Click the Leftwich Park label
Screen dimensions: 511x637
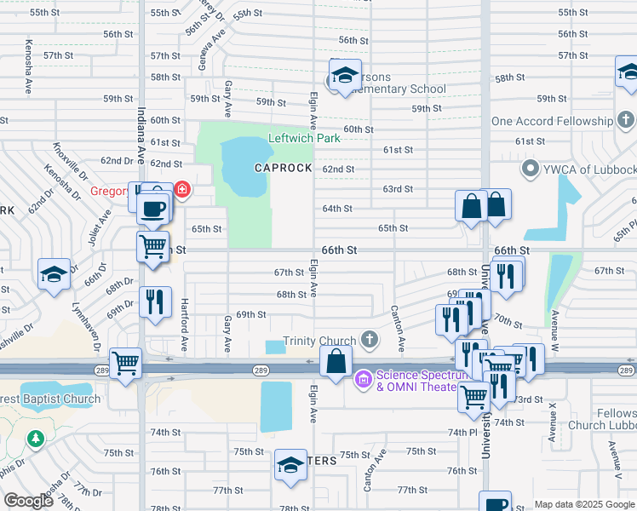point(304,138)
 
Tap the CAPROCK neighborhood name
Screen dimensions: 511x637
point(284,168)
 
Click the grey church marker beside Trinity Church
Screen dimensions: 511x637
point(369,340)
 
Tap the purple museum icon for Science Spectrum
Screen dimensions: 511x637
point(363,376)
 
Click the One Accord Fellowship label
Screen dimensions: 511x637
point(552,121)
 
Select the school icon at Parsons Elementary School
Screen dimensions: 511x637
point(345,76)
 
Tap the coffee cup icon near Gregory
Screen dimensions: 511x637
point(152,209)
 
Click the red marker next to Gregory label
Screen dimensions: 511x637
point(182,189)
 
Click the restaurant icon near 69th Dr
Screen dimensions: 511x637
point(155,302)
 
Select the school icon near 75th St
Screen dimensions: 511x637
point(290,466)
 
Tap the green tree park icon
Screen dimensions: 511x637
point(35,439)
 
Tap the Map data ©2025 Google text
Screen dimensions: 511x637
point(583,504)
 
